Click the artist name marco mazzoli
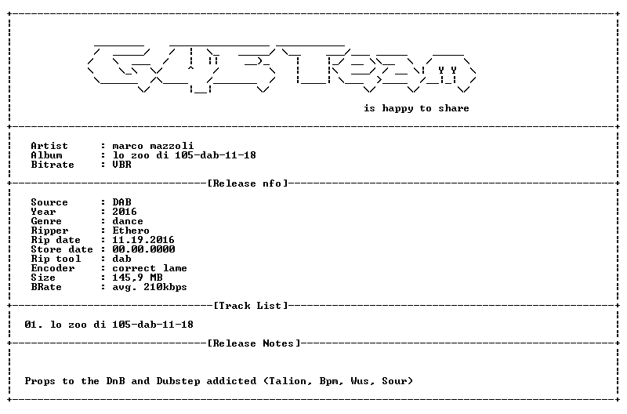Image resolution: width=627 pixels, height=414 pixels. pyautogui.click(x=153, y=146)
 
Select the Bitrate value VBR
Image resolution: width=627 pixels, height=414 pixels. pyautogui.click(x=121, y=165)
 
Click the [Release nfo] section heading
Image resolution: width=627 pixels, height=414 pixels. pyautogui.click(x=248, y=183)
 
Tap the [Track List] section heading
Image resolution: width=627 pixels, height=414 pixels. pyautogui.click(x=251, y=306)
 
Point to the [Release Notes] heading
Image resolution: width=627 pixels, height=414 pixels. pyautogui.click(x=254, y=343)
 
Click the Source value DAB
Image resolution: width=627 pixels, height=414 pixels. pyautogui.click(x=121, y=202)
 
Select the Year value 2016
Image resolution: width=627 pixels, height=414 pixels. pyautogui.click(x=125, y=211)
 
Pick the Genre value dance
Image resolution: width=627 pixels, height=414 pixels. pyautogui.click(x=128, y=221)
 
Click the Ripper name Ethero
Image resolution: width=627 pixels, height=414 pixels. pyautogui.click(x=131, y=231)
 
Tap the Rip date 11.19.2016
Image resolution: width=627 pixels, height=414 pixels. pyautogui.click(x=143, y=240)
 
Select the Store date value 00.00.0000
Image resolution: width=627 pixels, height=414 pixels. pyautogui.click(x=143, y=249)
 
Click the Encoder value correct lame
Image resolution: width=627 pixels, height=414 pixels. pyautogui.click(x=150, y=268)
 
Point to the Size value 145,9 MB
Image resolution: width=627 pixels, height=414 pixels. pyautogui.click(x=137, y=278)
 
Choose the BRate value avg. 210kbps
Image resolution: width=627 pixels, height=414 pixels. pyautogui.click(x=150, y=287)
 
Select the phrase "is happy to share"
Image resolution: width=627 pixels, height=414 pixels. pyautogui.click(x=416, y=108)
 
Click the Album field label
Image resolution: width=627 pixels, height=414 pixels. pyautogui.click(x=46, y=155)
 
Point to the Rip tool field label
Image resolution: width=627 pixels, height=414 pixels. pyautogui.click(x=56, y=259)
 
